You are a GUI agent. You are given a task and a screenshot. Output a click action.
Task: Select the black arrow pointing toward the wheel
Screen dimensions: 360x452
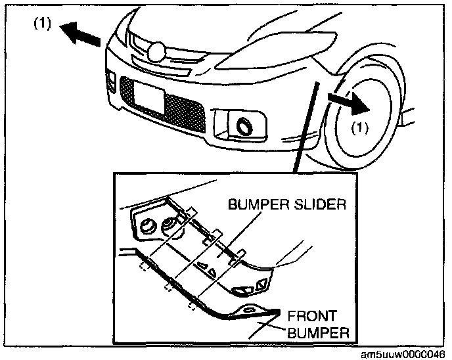point(347,100)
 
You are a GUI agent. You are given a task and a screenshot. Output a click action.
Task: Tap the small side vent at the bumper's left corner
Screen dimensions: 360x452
point(109,83)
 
